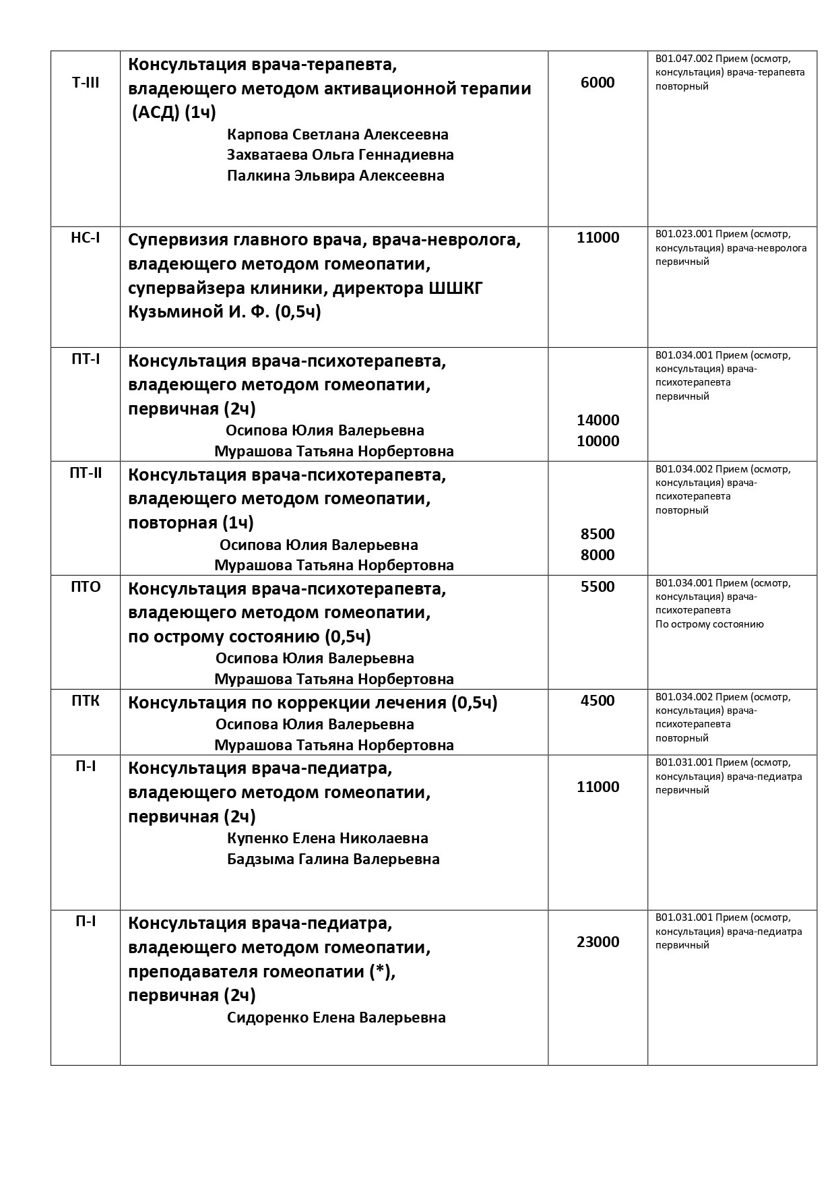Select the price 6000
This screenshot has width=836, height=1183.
pos(598,82)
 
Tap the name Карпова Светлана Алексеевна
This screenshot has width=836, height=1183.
pos(338,134)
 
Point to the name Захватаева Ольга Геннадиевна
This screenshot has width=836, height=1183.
pos(341,155)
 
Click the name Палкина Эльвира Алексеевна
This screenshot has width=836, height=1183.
pos(336,176)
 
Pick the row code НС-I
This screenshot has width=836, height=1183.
pos(86,238)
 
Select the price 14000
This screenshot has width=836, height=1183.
pos(598,420)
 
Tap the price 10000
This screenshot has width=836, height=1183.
pos(598,441)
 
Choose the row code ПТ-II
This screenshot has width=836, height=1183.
pos(86,473)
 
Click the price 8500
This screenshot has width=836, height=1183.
pos(598,534)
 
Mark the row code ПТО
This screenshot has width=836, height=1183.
pos(86,586)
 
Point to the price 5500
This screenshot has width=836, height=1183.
pos(598,586)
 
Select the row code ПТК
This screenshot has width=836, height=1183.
pos(86,700)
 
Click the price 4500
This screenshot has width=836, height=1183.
pos(598,700)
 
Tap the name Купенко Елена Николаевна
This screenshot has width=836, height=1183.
pos(328,839)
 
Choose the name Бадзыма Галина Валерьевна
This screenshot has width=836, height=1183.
pos(333,859)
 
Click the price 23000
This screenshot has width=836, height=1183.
pos(598,942)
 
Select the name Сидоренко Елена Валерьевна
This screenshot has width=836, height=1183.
pos(337,1017)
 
